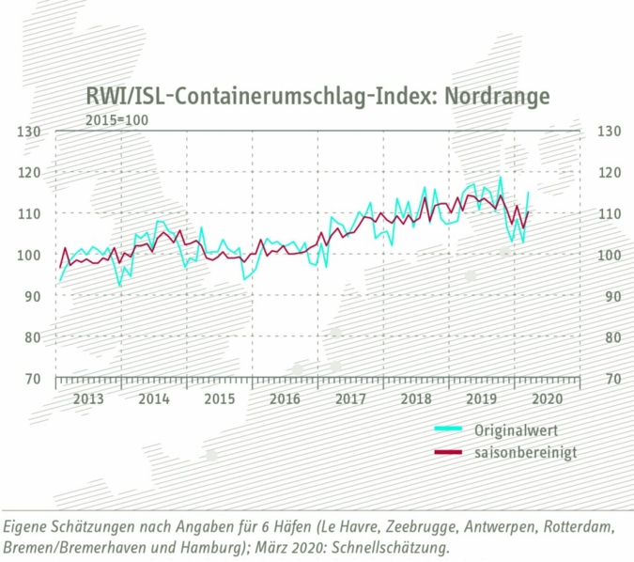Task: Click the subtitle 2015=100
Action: (116, 119)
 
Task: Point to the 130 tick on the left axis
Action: (29, 131)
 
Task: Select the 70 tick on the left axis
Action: (33, 378)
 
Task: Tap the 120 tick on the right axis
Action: (611, 172)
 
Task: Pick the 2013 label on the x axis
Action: (88, 398)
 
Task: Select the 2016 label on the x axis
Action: (285, 398)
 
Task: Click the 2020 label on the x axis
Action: (547, 398)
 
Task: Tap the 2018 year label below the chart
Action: (416, 398)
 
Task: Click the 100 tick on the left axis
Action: (29, 255)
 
